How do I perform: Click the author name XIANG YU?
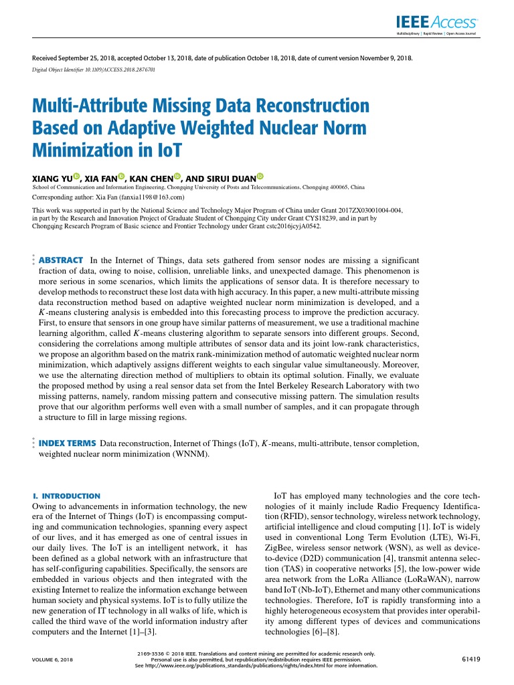pos(52,179)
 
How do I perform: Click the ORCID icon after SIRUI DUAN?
pos(260,177)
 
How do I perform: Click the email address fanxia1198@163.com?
pos(148,198)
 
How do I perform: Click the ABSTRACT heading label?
pos(61,260)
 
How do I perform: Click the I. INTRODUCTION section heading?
pos(66,496)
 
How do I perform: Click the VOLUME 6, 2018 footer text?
pos(53,660)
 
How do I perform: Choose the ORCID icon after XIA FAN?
pos(121,177)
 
